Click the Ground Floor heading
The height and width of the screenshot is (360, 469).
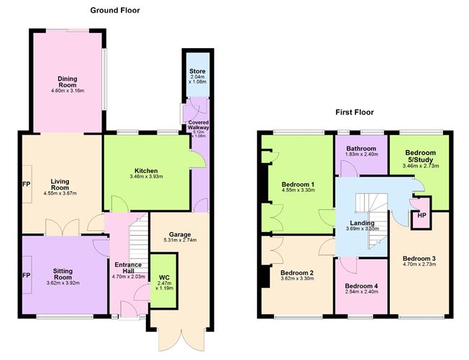(x=115, y=11)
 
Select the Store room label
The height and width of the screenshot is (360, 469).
(x=197, y=70)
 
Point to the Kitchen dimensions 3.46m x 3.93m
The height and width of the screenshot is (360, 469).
(x=147, y=176)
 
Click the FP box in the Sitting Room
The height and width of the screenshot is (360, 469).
(x=26, y=276)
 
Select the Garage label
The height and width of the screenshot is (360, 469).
(x=179, y=234)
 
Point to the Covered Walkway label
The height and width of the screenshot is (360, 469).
(x=198, y=126)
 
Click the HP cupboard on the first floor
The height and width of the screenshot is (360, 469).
(x=417, y=216)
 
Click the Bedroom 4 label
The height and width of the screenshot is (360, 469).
(x=360, y=286)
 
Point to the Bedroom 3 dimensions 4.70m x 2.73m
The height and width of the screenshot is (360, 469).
(x=420, y=265)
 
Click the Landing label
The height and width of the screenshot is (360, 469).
(x=363, y=223)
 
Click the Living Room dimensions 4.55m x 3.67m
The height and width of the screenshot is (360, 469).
(x=60, y=193)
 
